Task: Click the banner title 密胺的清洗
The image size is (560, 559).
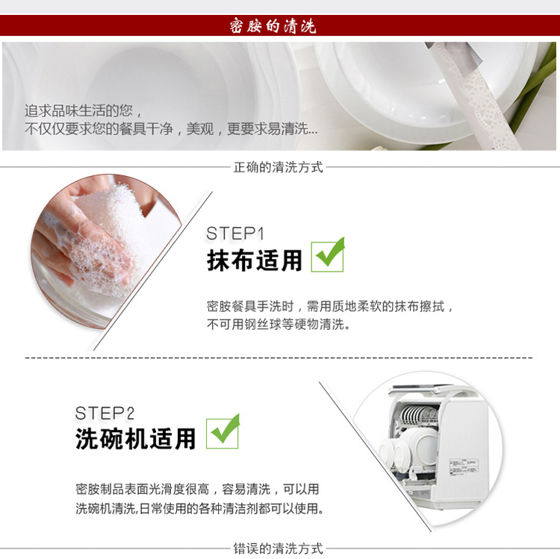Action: point(273,25)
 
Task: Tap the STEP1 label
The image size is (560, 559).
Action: point(235,234)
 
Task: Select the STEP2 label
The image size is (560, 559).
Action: point(105,413)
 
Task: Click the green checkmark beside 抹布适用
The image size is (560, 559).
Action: point(328,254)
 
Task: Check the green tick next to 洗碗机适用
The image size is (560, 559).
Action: point(223,431)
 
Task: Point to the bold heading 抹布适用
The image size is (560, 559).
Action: point(255,260)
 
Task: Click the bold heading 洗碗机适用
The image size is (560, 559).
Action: point(135,438)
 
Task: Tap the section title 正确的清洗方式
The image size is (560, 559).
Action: point(279,167)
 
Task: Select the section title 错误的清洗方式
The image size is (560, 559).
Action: point(279,549)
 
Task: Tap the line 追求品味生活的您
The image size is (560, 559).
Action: point(83,110)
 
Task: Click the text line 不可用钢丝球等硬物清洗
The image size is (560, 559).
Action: point(279,324)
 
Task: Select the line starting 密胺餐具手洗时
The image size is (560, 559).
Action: point(329,306)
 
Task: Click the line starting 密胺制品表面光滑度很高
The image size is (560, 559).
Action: point(198,489)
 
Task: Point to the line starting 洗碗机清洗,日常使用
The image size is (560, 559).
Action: point(199,508)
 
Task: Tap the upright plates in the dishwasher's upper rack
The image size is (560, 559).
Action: point(419,416)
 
